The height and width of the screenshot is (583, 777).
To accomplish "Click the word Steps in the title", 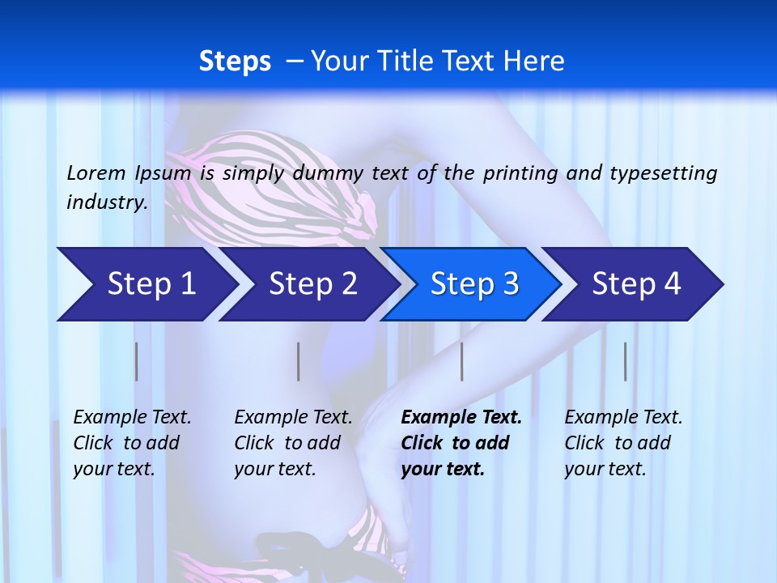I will (x=235, y=62).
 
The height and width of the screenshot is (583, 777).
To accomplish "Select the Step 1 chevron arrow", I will (x=146, y=284).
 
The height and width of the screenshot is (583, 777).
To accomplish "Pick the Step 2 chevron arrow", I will (x=312, y=284).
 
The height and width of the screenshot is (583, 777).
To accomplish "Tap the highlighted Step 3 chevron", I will (x=473, y=284).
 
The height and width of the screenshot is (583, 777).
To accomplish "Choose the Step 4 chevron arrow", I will (x=635, y=284).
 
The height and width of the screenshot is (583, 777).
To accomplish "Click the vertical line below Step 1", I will (x=137, y=361).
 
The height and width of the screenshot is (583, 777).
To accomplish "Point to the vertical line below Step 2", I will (x=299, y=361).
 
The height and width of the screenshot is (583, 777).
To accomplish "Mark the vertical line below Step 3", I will (x=462, y=361).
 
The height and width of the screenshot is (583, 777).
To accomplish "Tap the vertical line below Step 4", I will (x=626, y=361).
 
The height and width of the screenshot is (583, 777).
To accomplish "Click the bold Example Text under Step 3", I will (x=461, y=418).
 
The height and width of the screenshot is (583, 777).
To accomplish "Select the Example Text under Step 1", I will (x=132, y=418).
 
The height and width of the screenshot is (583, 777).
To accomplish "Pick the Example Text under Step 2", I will (x=293, y=418).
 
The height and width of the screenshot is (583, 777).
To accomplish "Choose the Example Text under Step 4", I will (x=623, y=418).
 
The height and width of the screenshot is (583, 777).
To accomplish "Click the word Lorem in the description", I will (x=96, y=172).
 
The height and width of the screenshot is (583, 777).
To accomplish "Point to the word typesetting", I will (x=663, y=172).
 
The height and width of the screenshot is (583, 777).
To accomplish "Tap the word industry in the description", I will (x=106, y=202).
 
